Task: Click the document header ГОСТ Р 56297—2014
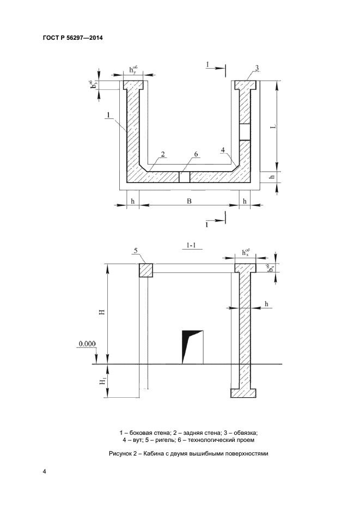click(x=73, y=38)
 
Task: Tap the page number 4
click(x=44, y=472)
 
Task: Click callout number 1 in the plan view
click(x=108, y=115)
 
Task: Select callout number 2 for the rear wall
click(x=163, y=154)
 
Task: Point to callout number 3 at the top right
click(x=257, y=68)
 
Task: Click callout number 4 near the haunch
click(x=223, y=150)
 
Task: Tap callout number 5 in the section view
click(x=136, y=250)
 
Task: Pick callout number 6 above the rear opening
click(x=196, y=154)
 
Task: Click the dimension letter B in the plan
click(x=189, y=201)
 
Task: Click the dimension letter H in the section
click(x=102, y=313)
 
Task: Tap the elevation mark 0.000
click(x=87, y=344)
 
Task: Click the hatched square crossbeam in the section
click(x=146, y=270)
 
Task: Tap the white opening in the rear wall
click(x=185, y=177)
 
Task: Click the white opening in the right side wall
click(x=245, y=132)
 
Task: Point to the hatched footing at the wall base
click(x=243, y=393)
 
